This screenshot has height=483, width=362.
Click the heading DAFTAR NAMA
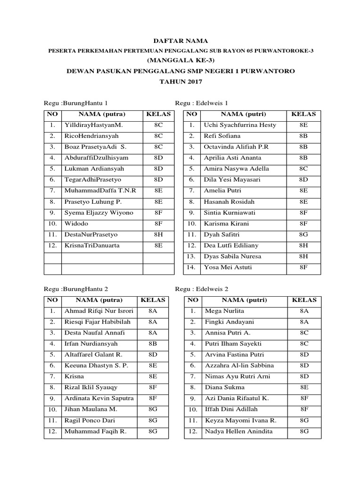pos(181,42)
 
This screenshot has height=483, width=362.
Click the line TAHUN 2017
pos(181,82)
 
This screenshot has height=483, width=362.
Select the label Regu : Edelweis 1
pos(202,103)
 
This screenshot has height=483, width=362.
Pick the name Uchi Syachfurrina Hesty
pos(239,125)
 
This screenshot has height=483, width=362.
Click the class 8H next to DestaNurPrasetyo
pos(158,234)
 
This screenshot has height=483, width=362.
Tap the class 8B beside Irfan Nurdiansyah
pos(153,344)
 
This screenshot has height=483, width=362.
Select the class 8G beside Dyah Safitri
pos(304,234)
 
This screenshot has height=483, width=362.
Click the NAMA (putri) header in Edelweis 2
pos(244,300)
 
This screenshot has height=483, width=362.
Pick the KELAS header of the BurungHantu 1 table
pos(158,114)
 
